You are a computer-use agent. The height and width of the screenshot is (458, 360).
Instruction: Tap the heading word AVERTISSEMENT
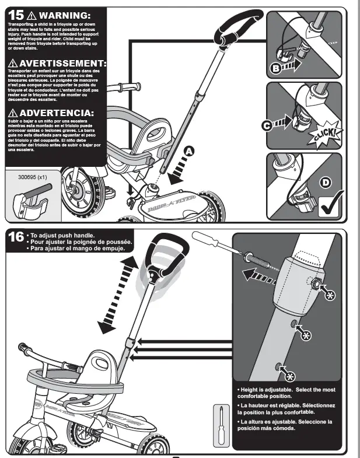point(63,63)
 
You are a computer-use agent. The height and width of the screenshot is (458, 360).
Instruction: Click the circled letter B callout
point(276,69)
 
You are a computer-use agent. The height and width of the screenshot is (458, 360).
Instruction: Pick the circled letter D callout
point(326,183)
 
